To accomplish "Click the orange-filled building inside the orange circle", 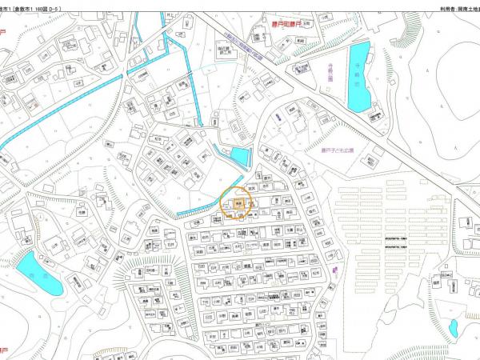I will (x=238, y=204).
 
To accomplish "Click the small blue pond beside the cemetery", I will (x=454, y=328).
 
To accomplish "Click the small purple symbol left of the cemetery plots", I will (x=336, y=272).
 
